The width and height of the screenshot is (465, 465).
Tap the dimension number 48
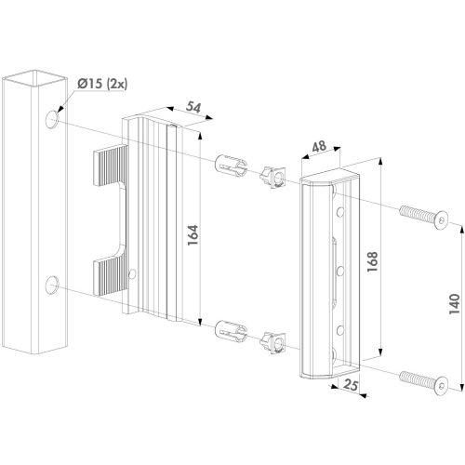point(317,148)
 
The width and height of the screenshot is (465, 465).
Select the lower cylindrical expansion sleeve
point(230,330)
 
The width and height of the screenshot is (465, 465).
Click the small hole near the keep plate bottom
point(133,274)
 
